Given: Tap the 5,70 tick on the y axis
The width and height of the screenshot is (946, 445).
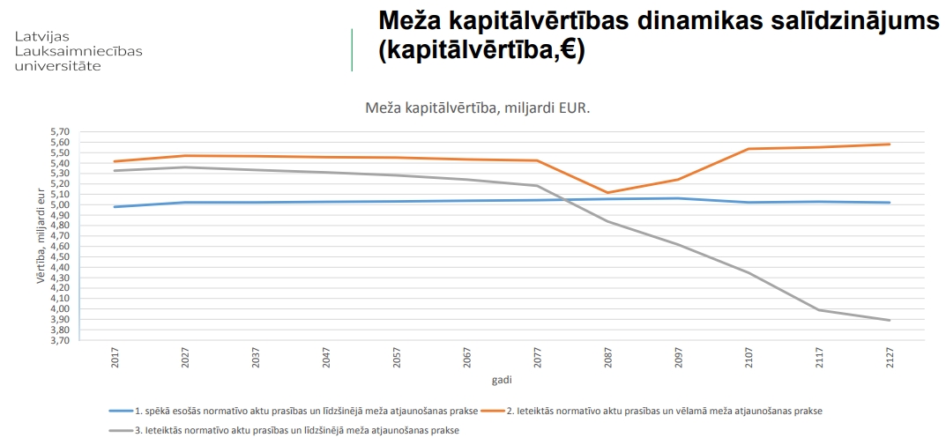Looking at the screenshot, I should pyautogui.click(x=58, y=131).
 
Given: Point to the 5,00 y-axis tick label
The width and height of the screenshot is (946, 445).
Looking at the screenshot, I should pyautogui.click(x=58, y=204).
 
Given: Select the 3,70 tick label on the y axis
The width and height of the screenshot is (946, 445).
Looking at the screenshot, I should pyautogui.click(x=58, y=340).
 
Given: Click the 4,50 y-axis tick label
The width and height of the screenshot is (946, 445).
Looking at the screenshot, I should pyautogui.click(x=58, y=256).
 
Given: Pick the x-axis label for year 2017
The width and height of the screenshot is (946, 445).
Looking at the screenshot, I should pyautogui.click(x=115, y=357).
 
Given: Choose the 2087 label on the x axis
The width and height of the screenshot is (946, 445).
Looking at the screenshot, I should pyautogui.click(x=607, y=357).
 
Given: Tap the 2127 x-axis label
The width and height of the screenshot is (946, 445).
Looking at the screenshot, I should pyautogui.click(x=890, y=357).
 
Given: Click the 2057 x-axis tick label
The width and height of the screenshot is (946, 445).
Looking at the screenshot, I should pyautogui.click(x=397, y=357).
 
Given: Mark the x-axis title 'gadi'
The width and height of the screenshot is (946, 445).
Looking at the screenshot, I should pyautogui.click(x=502, y=380).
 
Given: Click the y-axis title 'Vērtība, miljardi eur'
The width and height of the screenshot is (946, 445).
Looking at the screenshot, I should pyautogui.click(x=40, y=234).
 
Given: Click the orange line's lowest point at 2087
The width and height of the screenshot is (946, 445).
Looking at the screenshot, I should pyautogui.click(x=607, y=192).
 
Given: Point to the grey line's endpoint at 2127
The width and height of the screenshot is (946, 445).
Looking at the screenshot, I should pyautogui.click(x=890, y=320).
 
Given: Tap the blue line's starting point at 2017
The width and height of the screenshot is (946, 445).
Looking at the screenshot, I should pyautogui.click(x=115, y=207).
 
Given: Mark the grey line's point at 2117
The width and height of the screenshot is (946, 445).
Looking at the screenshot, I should pyautogui.click(x=819, y=309).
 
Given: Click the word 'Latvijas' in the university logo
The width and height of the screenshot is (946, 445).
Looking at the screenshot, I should pyautogui.click(x=41, y=36).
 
